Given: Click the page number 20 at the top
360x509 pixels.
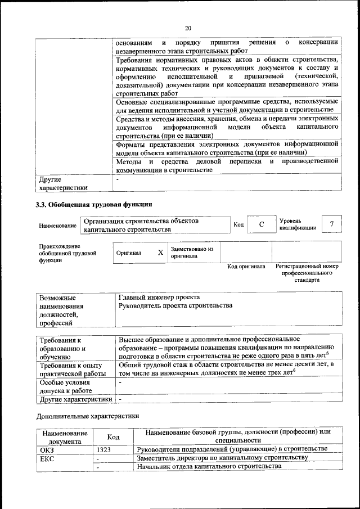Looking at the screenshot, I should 188,28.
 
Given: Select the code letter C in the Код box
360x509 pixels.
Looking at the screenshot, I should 262,225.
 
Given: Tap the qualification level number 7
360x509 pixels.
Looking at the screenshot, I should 332,224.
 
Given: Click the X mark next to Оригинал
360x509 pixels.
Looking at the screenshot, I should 160,253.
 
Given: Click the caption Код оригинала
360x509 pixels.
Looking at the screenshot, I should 246,267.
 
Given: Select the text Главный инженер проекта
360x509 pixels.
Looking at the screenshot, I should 159,296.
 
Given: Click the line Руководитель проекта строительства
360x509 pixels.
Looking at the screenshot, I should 175,305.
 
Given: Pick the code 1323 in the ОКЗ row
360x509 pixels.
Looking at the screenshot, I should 104,449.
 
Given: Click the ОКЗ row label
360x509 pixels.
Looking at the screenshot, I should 45,449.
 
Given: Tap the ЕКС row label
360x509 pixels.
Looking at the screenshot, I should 45,458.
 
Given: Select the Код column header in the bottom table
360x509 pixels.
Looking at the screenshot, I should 114,437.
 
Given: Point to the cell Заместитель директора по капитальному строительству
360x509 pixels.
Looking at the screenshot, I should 223,458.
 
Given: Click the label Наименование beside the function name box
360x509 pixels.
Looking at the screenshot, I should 57,226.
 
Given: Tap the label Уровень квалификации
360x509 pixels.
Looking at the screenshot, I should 297,224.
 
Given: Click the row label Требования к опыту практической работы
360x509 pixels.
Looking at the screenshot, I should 69,370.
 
